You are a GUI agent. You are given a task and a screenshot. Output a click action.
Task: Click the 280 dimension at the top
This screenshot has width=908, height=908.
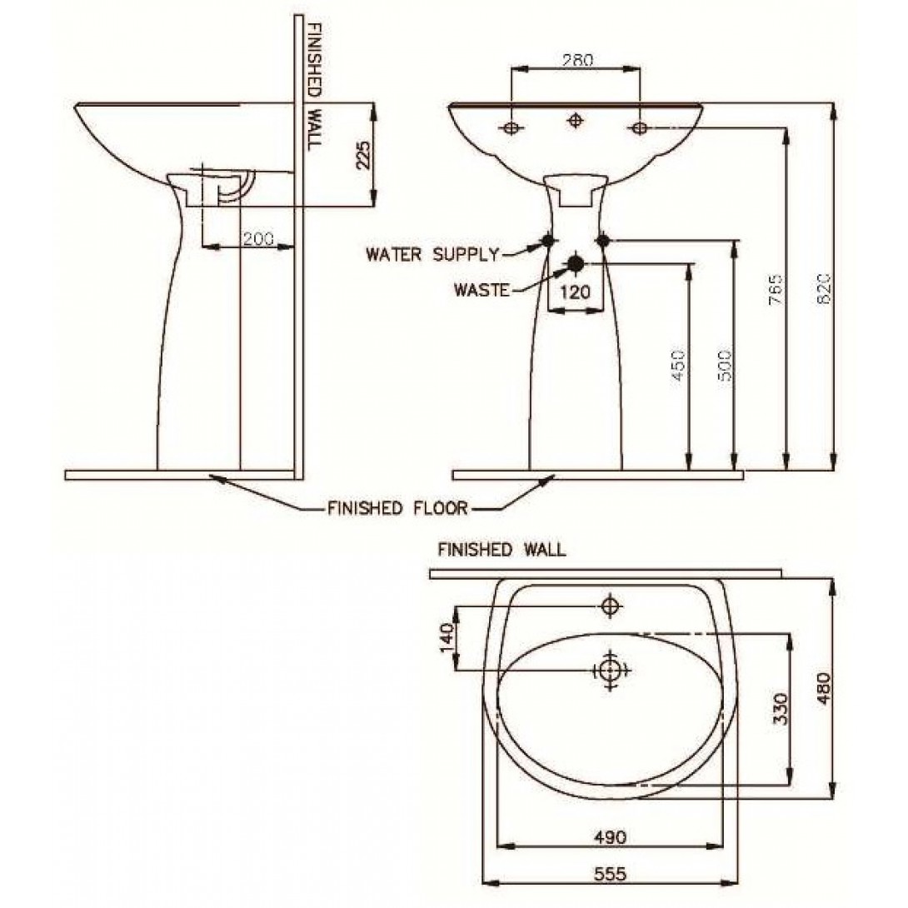coord(576,60)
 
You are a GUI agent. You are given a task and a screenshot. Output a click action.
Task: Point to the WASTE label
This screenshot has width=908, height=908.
coord(481,290)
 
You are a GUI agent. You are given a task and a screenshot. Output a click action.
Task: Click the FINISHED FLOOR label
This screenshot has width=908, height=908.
coord(397,507)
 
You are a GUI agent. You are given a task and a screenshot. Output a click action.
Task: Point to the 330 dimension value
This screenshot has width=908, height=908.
coord(779,708)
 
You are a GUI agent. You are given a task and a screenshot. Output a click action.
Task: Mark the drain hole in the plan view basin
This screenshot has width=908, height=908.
coord(610,669)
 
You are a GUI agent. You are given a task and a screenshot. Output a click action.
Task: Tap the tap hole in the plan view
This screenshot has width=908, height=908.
coord(611,606)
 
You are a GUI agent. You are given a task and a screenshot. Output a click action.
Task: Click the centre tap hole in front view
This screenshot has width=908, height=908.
coord(575,122)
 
